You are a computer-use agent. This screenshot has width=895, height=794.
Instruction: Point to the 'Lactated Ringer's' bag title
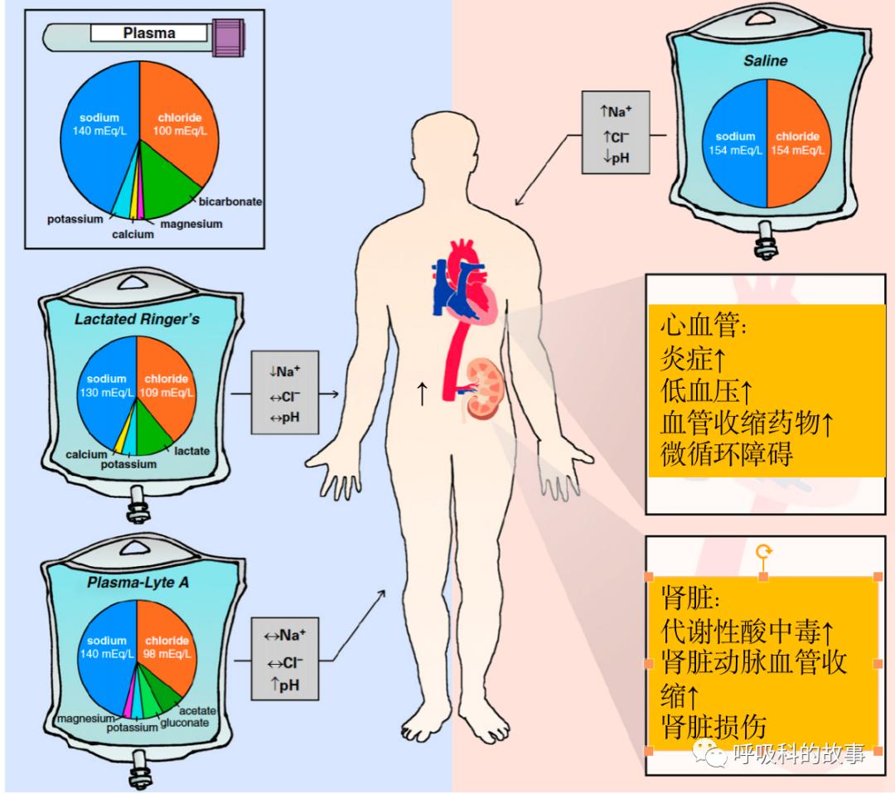(x=137, y=319)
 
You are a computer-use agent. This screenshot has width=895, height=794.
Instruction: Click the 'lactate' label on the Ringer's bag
(x=191, y=451)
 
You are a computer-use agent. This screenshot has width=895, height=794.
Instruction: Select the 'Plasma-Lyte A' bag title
(x=138, y=582)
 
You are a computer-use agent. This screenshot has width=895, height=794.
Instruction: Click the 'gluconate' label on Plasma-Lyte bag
(x=184, y=722)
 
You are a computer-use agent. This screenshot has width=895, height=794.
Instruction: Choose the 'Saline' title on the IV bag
(x=765, y=61)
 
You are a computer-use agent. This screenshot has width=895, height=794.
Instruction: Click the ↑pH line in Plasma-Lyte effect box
(x=284, y=684)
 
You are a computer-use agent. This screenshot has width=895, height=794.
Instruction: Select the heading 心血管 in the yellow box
(x=704, y=326)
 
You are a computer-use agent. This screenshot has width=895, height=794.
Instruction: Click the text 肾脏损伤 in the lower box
(x=714, y=726)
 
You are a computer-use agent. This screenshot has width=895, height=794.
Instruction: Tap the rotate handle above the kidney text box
(x=763, y=551)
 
